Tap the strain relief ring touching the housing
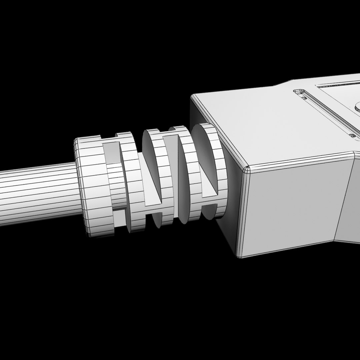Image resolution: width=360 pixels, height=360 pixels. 208,170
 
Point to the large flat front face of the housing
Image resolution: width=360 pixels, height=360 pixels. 293,207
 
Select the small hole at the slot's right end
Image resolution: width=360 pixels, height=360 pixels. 353,136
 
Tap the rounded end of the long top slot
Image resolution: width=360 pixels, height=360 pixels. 299,91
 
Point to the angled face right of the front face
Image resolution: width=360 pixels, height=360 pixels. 348,200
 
